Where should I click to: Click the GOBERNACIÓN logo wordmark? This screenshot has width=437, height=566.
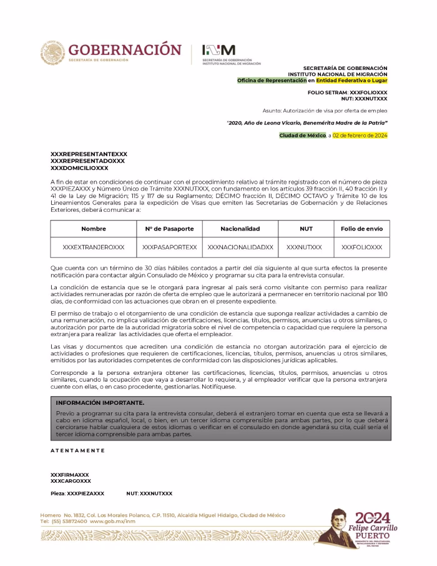point(125,49)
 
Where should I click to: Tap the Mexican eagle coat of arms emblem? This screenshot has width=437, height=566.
point(53,52)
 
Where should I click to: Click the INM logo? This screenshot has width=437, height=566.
point(219,50)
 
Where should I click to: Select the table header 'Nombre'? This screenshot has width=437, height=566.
point(94,229)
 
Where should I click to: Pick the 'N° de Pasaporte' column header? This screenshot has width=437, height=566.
point(169,229)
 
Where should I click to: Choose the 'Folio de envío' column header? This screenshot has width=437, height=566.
point(361,229)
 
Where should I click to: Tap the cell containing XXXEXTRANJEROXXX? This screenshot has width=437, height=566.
point(94,247)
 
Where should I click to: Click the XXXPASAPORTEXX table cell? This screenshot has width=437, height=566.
point(169,247)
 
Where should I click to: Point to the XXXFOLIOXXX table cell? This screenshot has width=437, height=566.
point(361,247)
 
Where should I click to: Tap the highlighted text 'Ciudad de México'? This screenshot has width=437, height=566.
point(302,135)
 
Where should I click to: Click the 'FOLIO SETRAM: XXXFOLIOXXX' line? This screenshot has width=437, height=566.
point(347,92)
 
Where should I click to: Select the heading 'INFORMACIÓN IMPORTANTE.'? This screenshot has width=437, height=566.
point(100,403)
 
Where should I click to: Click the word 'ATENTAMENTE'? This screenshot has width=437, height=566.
point(78,450)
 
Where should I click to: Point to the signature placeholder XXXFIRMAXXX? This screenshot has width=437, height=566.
point(69,475)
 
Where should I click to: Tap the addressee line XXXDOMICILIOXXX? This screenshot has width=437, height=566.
point(79,167)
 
